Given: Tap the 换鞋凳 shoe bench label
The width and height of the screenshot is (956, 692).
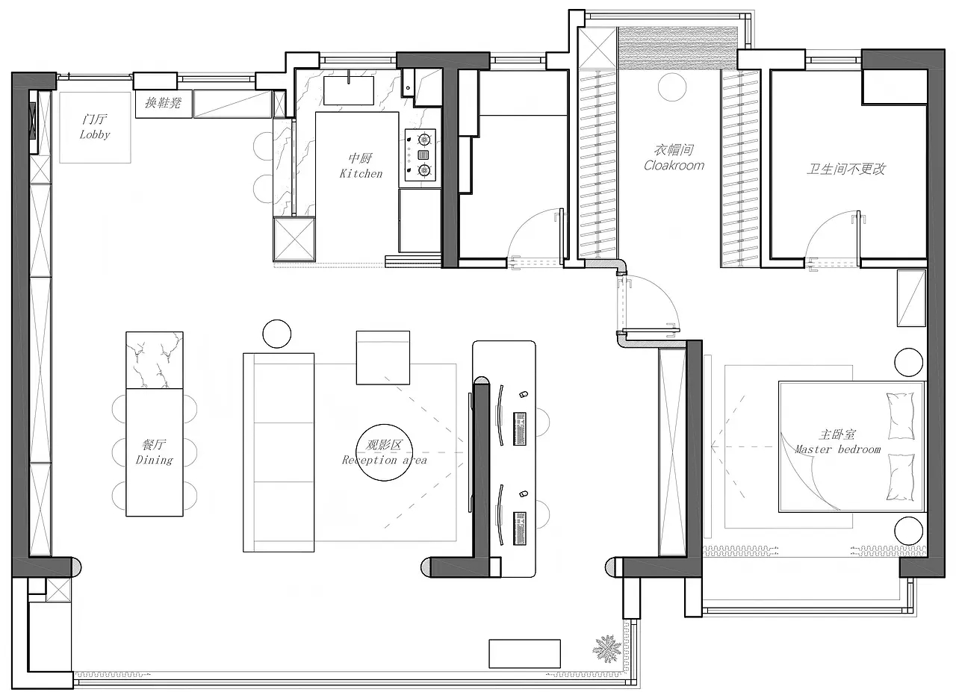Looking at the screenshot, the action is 163,103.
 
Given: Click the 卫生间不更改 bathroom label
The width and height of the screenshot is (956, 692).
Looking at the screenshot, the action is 846,169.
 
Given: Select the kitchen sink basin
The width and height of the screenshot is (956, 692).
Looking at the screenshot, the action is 349,90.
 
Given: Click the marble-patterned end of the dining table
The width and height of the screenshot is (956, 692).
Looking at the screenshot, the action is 155,360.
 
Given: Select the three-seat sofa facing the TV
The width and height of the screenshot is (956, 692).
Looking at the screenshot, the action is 279,452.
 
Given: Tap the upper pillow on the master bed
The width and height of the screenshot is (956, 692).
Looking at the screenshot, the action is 901,416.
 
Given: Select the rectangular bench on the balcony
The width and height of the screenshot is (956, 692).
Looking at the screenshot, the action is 524,654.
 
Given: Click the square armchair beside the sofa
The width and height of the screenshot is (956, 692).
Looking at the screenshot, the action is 383,358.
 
